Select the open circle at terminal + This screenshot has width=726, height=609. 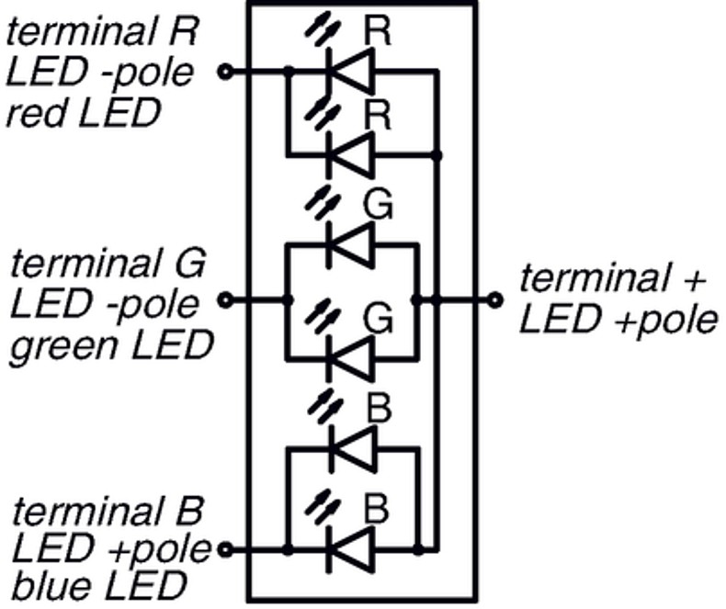click(x=496, y=299)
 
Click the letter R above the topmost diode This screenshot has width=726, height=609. click(x=378, y=31)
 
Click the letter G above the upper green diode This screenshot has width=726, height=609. click(x=378, y=205)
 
